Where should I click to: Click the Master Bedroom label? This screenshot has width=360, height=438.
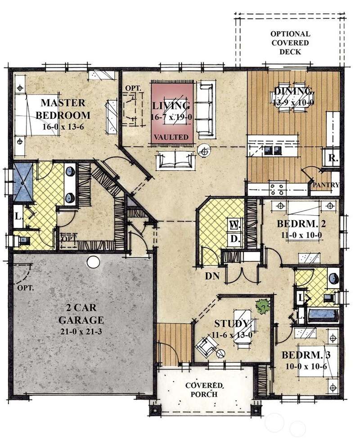click(x=63, y=109)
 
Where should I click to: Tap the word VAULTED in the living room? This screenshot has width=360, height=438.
click(x=171, y=137)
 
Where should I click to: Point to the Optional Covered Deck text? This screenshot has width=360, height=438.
click(x=290, y=43)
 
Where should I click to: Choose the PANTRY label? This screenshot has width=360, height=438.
click(x=326, y=185)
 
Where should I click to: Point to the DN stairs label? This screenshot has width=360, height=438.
click(x=212, y=276)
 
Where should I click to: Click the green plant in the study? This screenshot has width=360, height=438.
click(x=263, y=306)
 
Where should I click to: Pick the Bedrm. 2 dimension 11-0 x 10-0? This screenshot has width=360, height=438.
click(x=301, y=235)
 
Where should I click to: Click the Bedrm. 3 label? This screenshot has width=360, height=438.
click(x=306, y=355)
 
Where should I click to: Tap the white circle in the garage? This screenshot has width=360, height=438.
click(x=93, y=262)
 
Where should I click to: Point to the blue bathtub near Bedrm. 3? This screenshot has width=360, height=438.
click(x=323, y=316)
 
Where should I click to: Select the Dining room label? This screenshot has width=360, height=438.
click(x=293, y=91)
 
